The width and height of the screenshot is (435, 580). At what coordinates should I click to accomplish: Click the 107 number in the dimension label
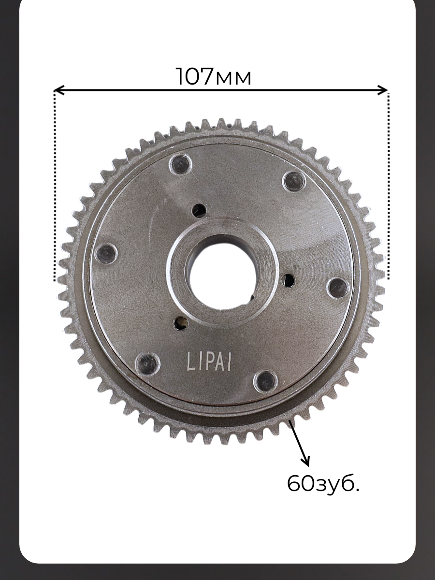195,76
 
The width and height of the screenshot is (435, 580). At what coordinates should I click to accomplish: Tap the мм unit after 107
233,79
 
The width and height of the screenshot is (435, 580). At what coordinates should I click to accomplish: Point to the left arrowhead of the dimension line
59,90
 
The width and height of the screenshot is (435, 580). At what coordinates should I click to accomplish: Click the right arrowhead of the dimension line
382,90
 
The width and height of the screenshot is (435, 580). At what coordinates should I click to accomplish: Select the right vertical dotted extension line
389,185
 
